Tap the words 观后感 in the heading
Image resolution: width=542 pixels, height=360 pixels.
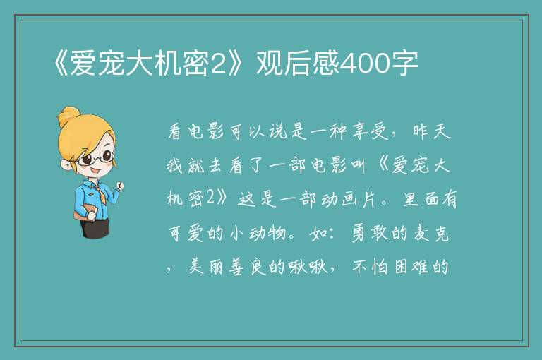[298, 64]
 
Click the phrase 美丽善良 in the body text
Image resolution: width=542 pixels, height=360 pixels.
[227, 267]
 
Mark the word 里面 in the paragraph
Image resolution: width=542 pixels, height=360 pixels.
[421, 200]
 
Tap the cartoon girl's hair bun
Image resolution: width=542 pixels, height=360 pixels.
[69, 116]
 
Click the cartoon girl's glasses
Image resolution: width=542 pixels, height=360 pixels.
[96, 158]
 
